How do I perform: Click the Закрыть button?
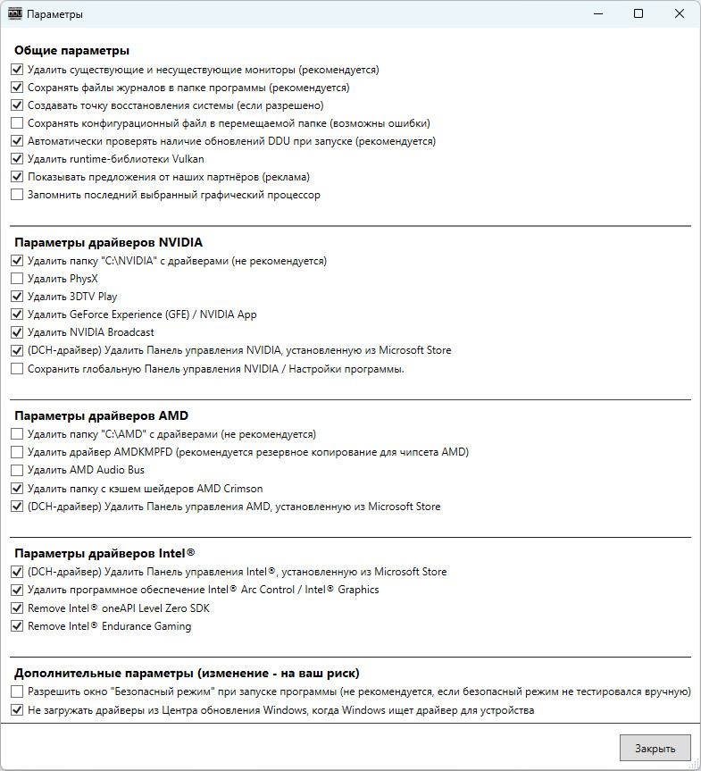[x=655, y=748]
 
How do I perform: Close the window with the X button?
[x=680, y=13]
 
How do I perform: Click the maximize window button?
[x=638, y=13]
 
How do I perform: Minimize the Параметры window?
[x=597, y=13]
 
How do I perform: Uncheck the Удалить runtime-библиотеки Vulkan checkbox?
[x=17, y=159]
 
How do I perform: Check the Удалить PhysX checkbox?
[x=17, y=279]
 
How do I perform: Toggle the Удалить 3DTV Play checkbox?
[x=17, y=297]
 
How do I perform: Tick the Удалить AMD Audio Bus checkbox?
[x=17, y=470]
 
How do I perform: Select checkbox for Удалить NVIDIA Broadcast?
[x=17, y=332]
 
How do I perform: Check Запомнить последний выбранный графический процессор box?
[x=17, y=195]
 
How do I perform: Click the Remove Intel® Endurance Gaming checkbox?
[x=17, y=626]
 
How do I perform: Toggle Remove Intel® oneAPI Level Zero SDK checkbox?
[x=17, y=608]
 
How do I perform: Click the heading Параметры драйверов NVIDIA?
[x=108, y=242]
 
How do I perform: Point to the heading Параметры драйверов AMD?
[x=101, y=415]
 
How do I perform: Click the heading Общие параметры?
[x=71, y=50]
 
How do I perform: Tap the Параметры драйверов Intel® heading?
[x=103, y=553]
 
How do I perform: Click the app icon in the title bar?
[x=14, y=14]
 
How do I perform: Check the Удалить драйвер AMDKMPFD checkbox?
[x=17, y=452]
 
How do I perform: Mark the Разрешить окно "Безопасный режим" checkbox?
[x=17, y=692]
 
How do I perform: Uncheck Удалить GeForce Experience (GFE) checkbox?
[x=17, y=314]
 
